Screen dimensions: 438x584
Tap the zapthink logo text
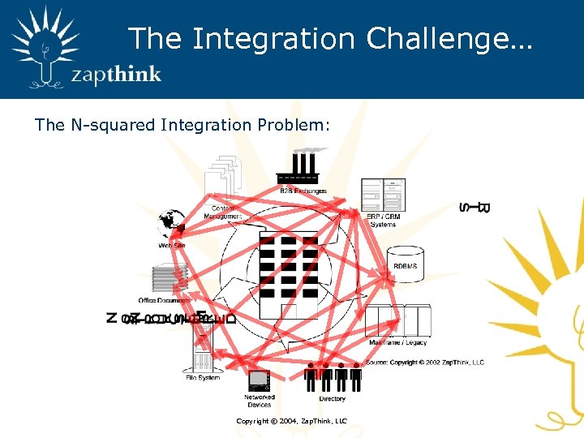(x=117, y=75)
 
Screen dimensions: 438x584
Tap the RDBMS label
(x=405, y=266)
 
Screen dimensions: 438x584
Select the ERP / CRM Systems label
(x=383, y=220)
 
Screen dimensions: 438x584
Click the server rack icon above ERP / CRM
(x=383, y=195)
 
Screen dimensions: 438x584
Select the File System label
(x=202, y=377)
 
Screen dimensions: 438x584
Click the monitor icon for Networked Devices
(x=259, y=380)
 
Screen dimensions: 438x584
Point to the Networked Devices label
(x=259, y=400)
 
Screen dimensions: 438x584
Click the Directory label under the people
(x=332, y=398)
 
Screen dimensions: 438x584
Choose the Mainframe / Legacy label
(x=397, y=342)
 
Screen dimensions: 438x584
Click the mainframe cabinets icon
(x=397, y=320)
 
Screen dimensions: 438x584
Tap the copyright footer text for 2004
(x=291, y=421)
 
